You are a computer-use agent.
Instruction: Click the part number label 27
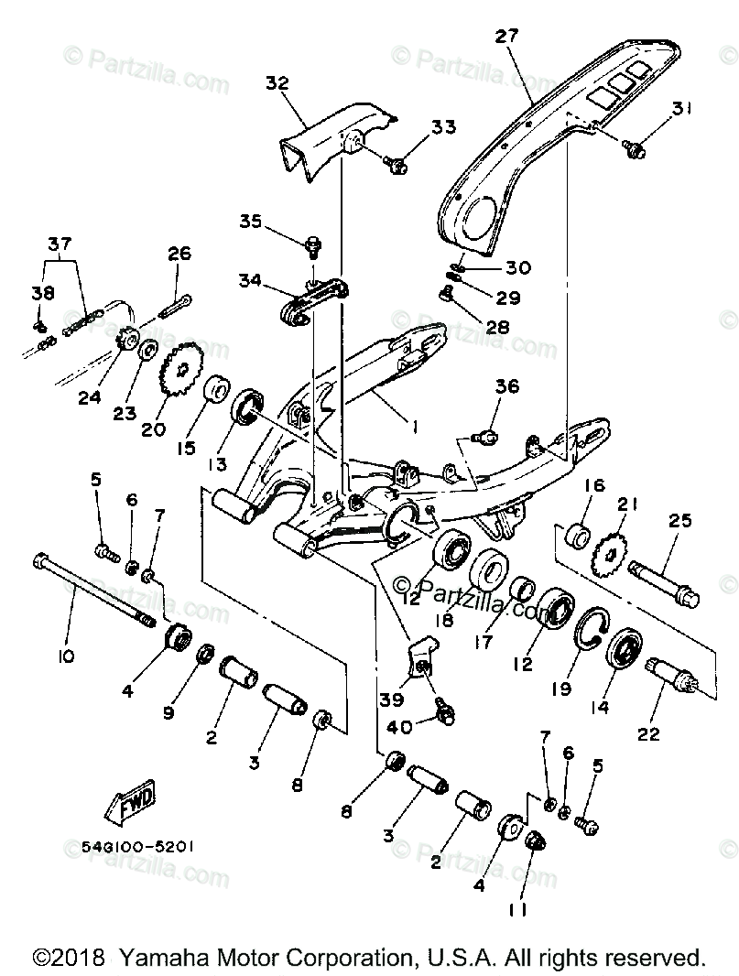506,37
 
